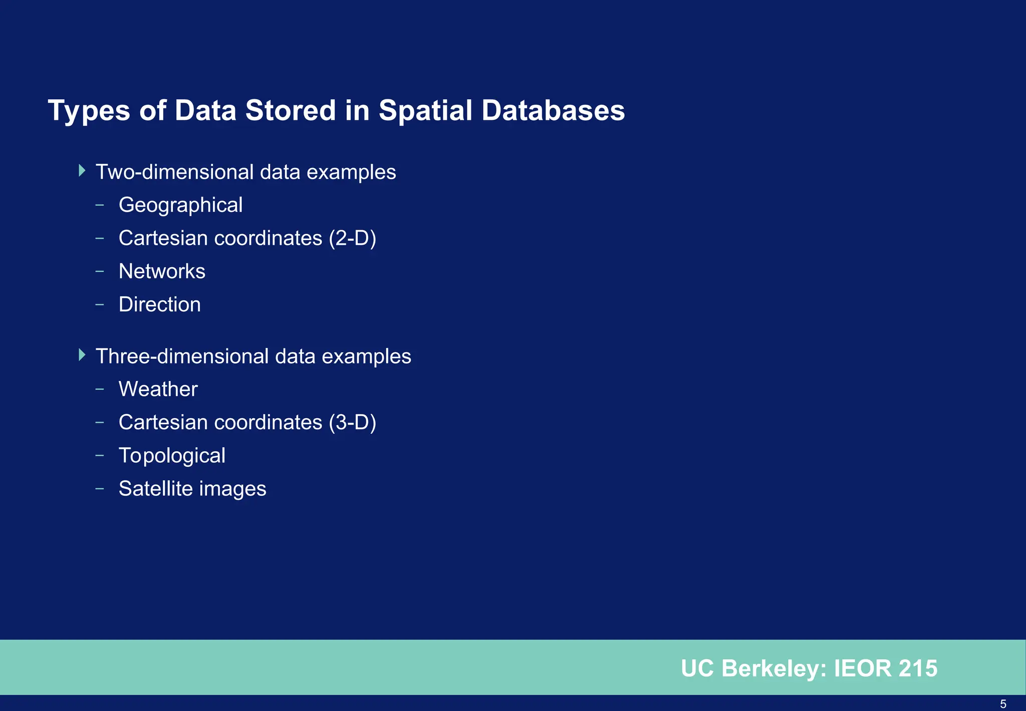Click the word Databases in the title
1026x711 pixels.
[553, 111]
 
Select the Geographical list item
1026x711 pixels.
[180, 205]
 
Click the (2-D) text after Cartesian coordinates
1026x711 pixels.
[352, 238]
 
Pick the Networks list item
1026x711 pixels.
[162, 271]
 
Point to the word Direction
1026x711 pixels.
[159, 304]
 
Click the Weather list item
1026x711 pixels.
[158, 389]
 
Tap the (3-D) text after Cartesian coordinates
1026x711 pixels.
[352, 422]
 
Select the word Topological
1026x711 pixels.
[172, 456]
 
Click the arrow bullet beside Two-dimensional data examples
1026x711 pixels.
[82, 171]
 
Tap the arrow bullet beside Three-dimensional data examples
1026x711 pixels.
[82, 355]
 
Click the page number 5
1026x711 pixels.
[1003, 704]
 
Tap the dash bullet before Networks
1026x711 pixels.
[100, 271]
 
